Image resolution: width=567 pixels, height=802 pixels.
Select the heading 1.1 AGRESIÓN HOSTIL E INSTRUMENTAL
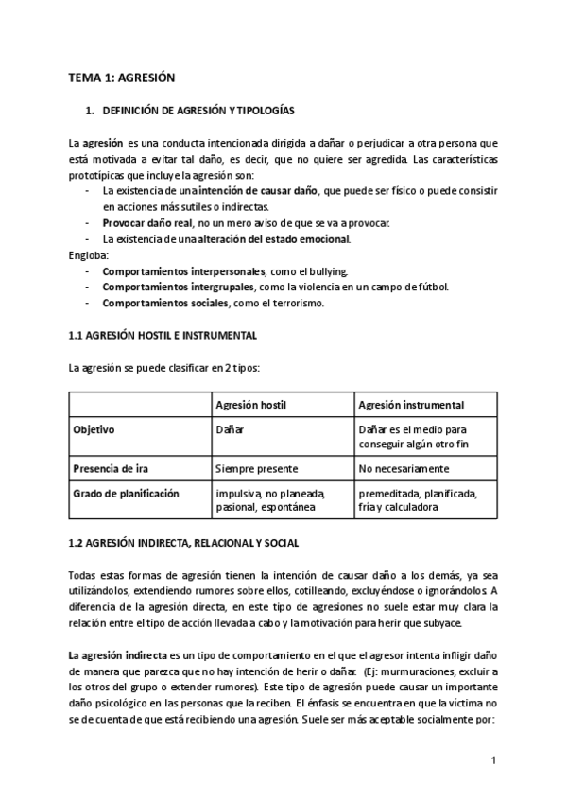pyautogui.click(x=163, y=335)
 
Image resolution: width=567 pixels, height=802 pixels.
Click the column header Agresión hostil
pyautogui.click(x=251, y=405)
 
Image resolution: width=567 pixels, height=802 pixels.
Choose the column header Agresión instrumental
pyautogui.click(x=411, y=405)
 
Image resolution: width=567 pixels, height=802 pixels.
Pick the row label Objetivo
pyautogui.click(x=94, y=429)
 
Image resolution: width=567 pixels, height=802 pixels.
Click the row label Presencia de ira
pyautogui.click(x=112, y=468)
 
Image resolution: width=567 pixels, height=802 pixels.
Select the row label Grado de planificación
pyautogui.click(x=127, y=494)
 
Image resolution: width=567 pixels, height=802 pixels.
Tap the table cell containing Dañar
pyautogui.click(x=230, y=429)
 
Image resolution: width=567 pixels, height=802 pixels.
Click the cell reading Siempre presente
pyautogui.click(x=257, y=468)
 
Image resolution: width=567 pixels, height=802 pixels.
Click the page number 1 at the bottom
pyautogui.click(x=494, y=760)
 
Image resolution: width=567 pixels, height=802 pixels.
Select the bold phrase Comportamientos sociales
pyautogui.click(x=165, y=303)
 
